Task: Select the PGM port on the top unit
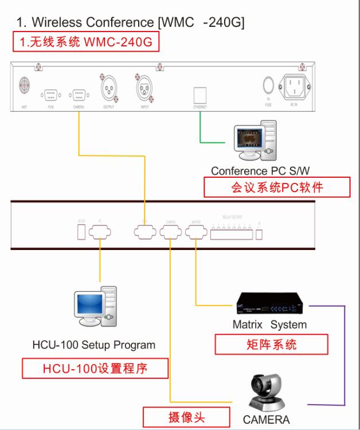pyautogui.click(x=50, y=93)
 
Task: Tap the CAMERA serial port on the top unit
pyautogui.click(x=78, y=93)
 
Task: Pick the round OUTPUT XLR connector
pyautogui.click(x=109, y=88)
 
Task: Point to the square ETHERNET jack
pyautogui.click(x=199, y=93)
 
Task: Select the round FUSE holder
pyautogui.click(x=268, y=85)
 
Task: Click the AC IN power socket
pyautogui.click(x=296, y=88)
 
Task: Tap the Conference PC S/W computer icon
pyautogui.click(x=256, y=141)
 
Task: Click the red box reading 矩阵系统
pyautogui.click(x=271, y=344)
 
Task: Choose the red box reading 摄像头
pyautogui.click(x=186, y=417)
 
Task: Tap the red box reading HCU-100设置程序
pyautogui.click(x=95, y=368)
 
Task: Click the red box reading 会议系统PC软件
pyautogui.click(x=277, y=187)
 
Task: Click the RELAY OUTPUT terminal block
pyautogui.click(x=233, y=232)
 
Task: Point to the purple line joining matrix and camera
pyautogui.click(x=345, y=355)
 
